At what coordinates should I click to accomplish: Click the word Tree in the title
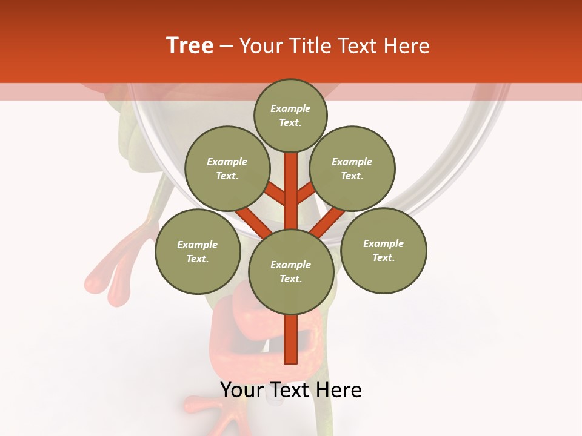190,46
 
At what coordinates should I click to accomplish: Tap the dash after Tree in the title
226,47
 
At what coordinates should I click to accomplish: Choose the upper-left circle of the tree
227,168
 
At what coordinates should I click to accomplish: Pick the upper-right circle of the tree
352,168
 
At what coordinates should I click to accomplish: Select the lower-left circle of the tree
198,251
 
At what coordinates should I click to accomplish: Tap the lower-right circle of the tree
383,250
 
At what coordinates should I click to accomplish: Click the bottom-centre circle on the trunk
291,271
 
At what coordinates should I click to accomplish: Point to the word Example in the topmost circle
290,108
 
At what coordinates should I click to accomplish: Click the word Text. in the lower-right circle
383,257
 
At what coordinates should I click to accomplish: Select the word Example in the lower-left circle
197,245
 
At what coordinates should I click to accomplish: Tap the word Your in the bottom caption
241,390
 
